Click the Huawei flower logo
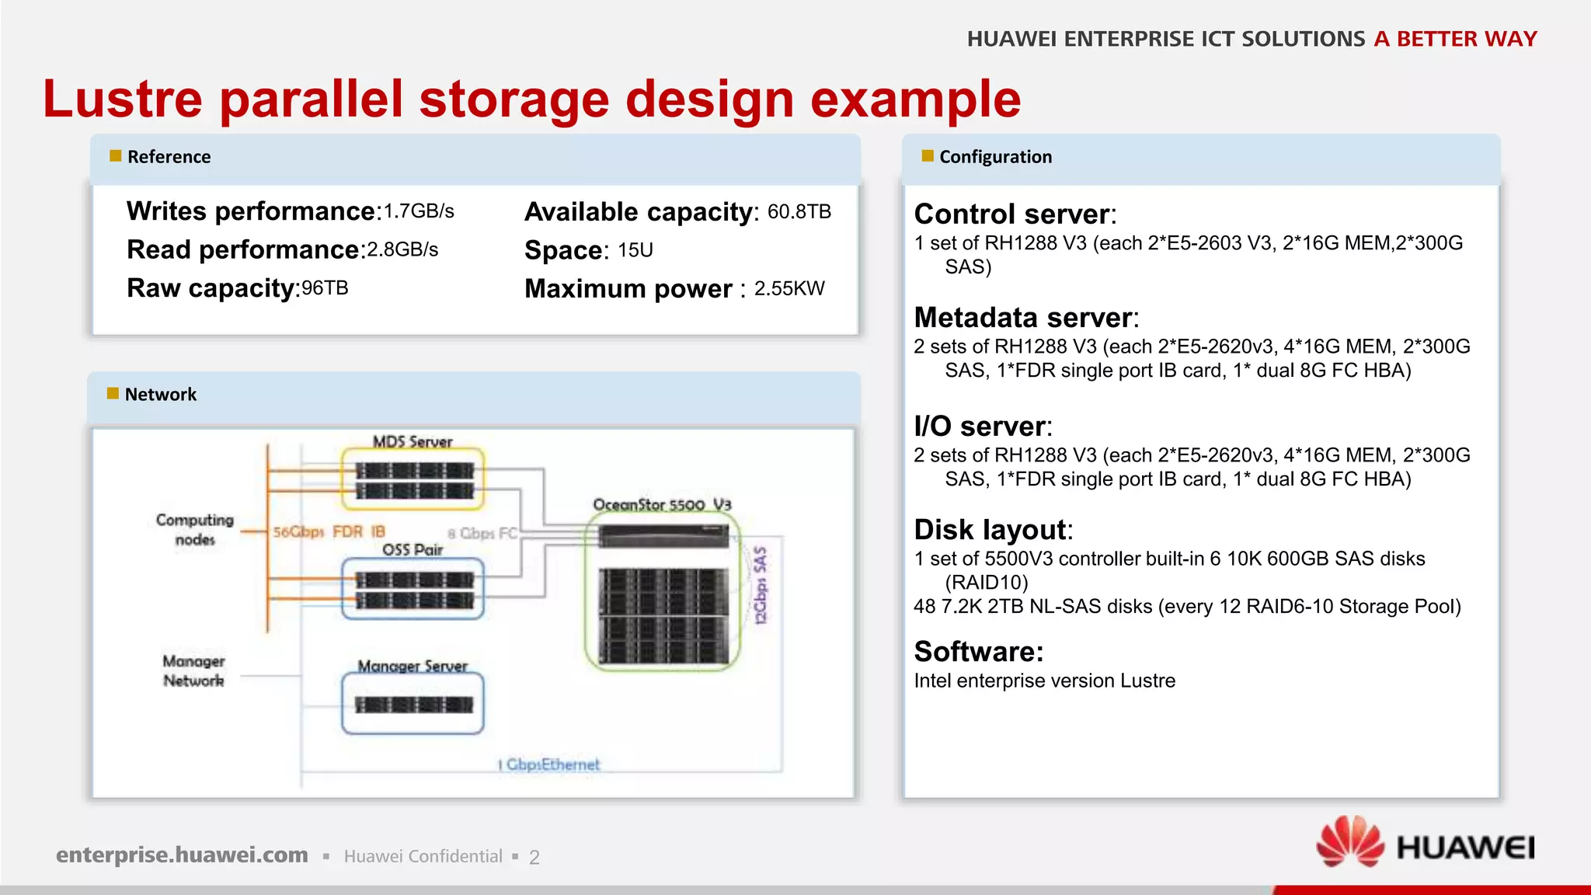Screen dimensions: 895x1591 (x=1350, y=842)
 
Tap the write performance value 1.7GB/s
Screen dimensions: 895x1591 (x=419, y=211)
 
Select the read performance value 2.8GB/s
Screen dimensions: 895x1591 (x=402, y=250)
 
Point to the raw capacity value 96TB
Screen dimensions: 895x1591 (x=325, y=288)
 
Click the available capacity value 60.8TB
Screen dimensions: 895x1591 (x=799, y=212)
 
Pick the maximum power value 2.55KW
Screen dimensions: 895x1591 (x=789, y=289)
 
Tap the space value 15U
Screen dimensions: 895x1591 (x=635, y=250)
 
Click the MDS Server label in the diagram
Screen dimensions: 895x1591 (x=412, y=441)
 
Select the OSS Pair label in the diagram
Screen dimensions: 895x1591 (x=412, y=549)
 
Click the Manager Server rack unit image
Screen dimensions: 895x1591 (x=413, y=705)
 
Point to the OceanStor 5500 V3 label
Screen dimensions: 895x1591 (x=662, y=505)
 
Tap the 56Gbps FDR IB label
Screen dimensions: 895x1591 (x=329, y=532)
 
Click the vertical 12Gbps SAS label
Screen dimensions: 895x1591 (x=761, y=585)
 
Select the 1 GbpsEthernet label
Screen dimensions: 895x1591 (x=549, y=764)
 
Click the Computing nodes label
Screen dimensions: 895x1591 (x=195, y=529)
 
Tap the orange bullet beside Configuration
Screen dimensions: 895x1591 (x=927, y=156)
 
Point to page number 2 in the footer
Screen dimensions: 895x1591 (x=534, y=857)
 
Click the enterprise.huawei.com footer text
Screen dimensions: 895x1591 (x=182, y=855)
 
